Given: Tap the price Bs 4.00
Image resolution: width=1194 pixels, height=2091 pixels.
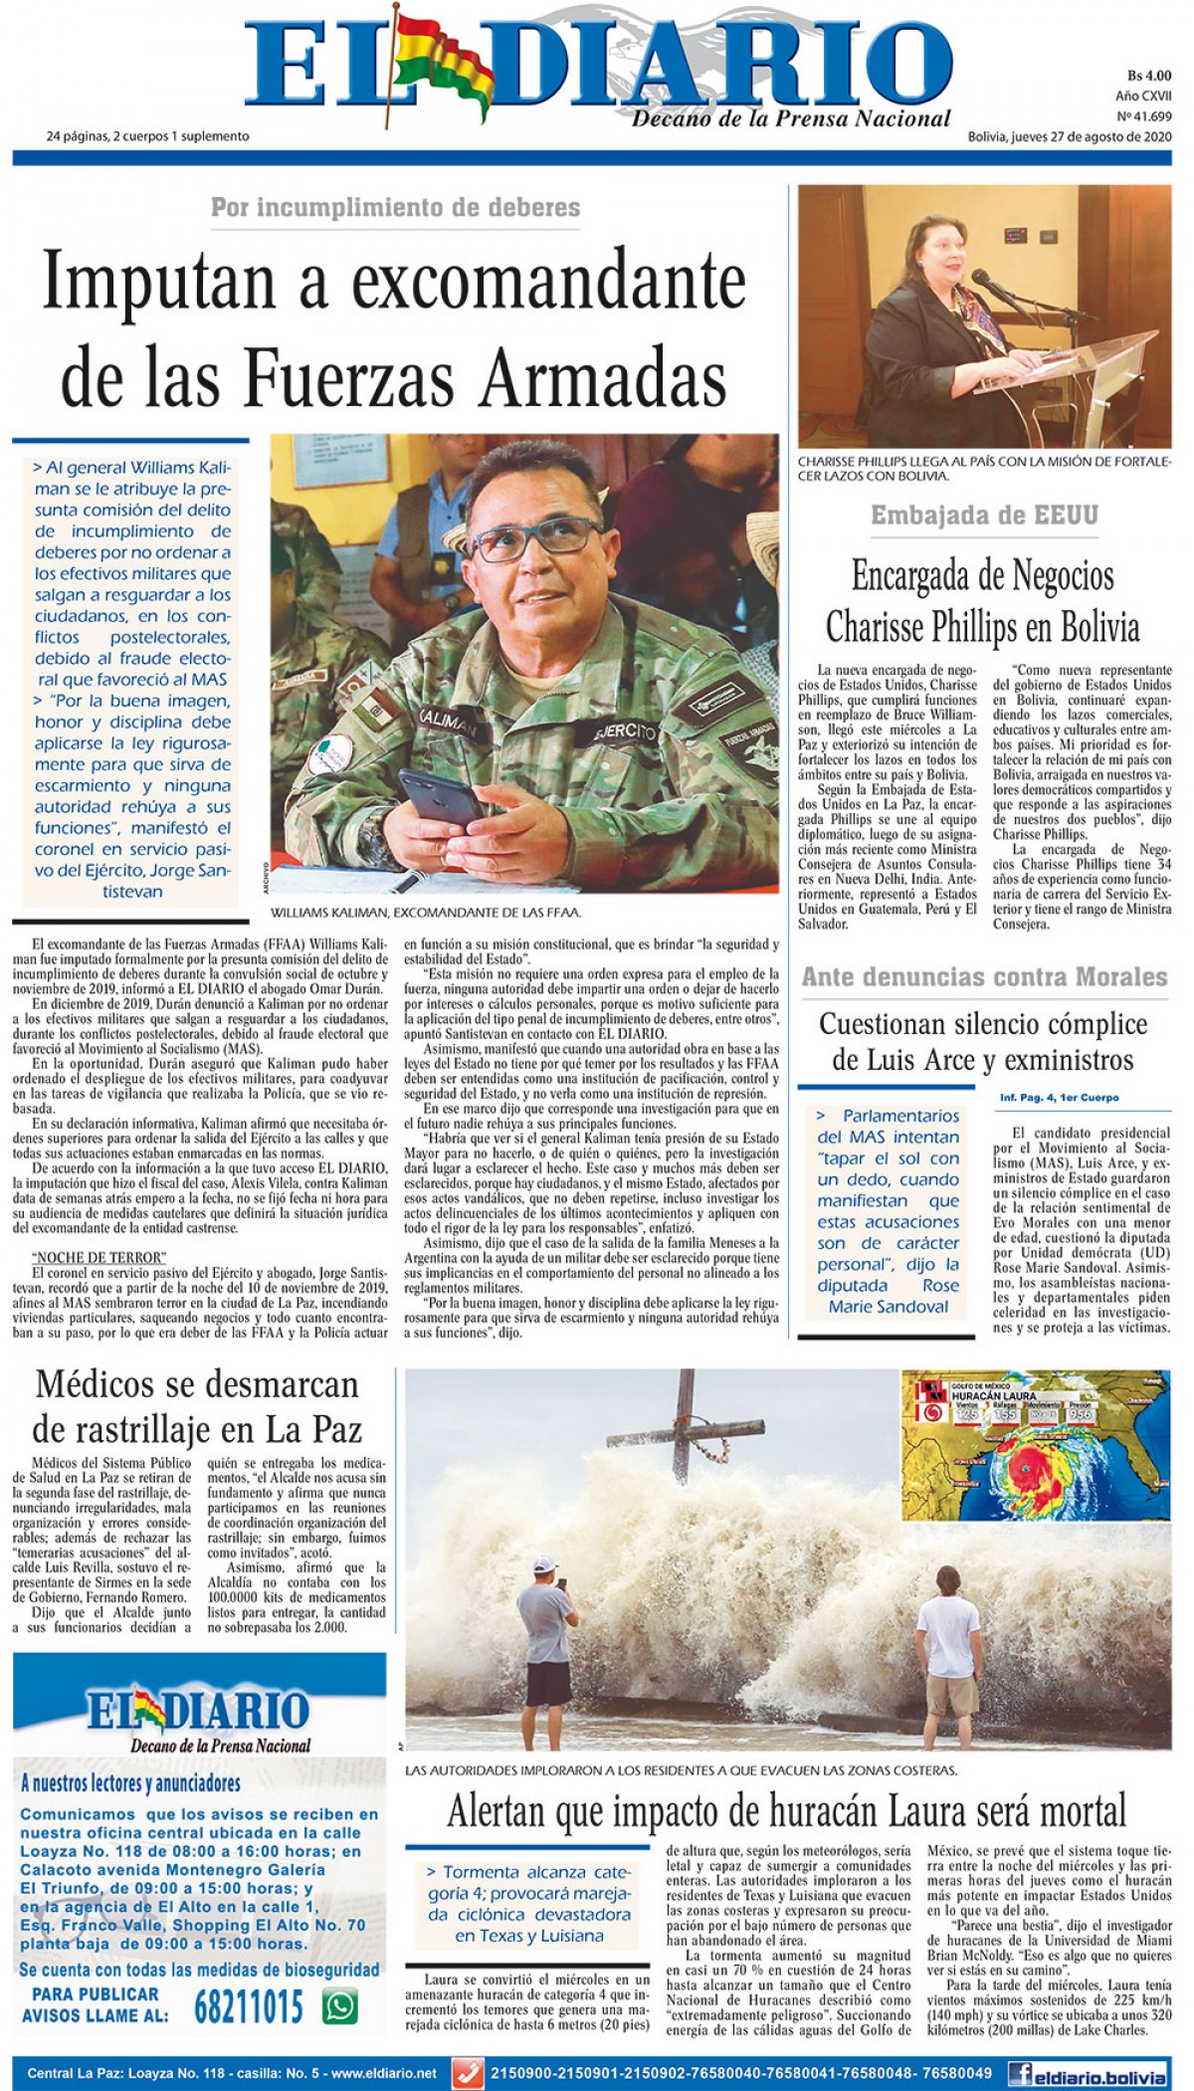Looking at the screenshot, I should point(1149,76).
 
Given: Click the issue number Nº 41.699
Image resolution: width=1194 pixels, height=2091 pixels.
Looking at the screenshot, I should point(1144,116).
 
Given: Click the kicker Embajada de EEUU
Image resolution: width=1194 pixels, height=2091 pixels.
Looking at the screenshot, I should point(984,515).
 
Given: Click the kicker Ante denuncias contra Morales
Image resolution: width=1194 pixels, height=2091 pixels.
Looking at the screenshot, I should point(984,977).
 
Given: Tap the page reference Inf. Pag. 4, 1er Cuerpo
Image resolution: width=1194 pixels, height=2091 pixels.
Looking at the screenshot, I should point(1059,1098).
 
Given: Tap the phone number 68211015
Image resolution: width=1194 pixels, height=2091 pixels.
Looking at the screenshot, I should point(248,2007).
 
